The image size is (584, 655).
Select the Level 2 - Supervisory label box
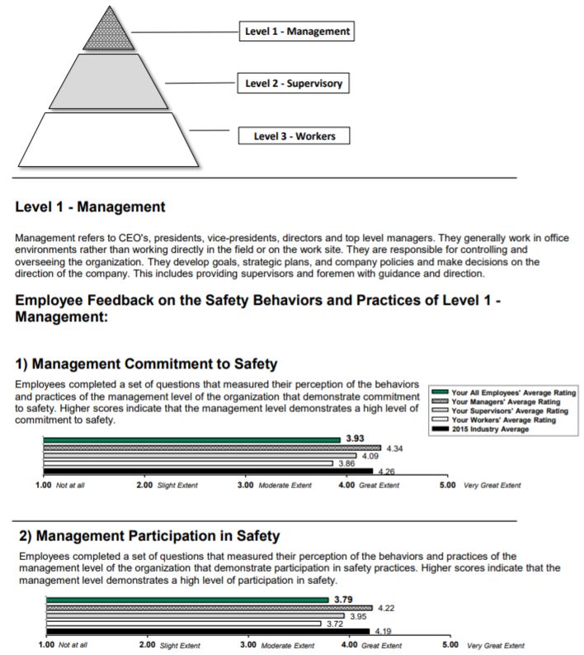coord(293,83)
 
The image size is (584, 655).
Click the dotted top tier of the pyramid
coord(107,33)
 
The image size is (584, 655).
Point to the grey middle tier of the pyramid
coord(107,83)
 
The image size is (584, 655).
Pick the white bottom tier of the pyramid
coord(107,139)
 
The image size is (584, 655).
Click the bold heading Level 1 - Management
coord(90,207)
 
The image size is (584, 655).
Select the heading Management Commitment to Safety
coord(147,363)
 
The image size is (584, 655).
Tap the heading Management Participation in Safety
coord(149,536)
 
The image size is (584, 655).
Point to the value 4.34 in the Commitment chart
coord(394,448)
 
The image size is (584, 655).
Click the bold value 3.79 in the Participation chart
coord(341,599)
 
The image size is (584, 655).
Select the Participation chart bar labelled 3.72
coord(183,624)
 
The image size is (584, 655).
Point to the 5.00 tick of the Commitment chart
coord(446,485)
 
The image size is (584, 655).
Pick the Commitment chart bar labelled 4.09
coord(200,456)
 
